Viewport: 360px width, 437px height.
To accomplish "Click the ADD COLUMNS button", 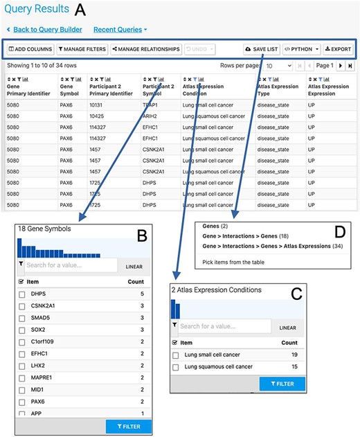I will pyautogui.click(x=30, y=49).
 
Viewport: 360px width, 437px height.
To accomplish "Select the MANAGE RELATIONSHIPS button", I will pyautogui.click(x=146, y=49).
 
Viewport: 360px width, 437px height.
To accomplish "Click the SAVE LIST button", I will pyautogui.click(x=261, y=49).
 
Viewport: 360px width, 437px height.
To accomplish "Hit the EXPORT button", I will pyautogui.click(x=338, y=49).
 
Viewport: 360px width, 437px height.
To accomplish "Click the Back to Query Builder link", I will pyautogui.click(x=46, y=30).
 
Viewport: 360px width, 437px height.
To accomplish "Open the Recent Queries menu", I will pyautogui.click(x=120, y=30).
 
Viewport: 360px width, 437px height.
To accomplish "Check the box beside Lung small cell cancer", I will pyautogui.click(x=176, y=355).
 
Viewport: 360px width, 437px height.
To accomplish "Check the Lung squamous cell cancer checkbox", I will pyautogui.click(x=176, y=366).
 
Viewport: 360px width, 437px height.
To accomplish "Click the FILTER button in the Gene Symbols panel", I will pyautogui.click(x=127, y=427).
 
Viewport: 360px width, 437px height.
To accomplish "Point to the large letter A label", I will pyautogui.click(x=81, y=10).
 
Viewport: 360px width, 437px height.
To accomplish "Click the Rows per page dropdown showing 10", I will pyautogui.click(x=278, y=65).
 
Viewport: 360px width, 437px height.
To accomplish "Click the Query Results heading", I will pyautogui.click(x=36, y=10).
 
